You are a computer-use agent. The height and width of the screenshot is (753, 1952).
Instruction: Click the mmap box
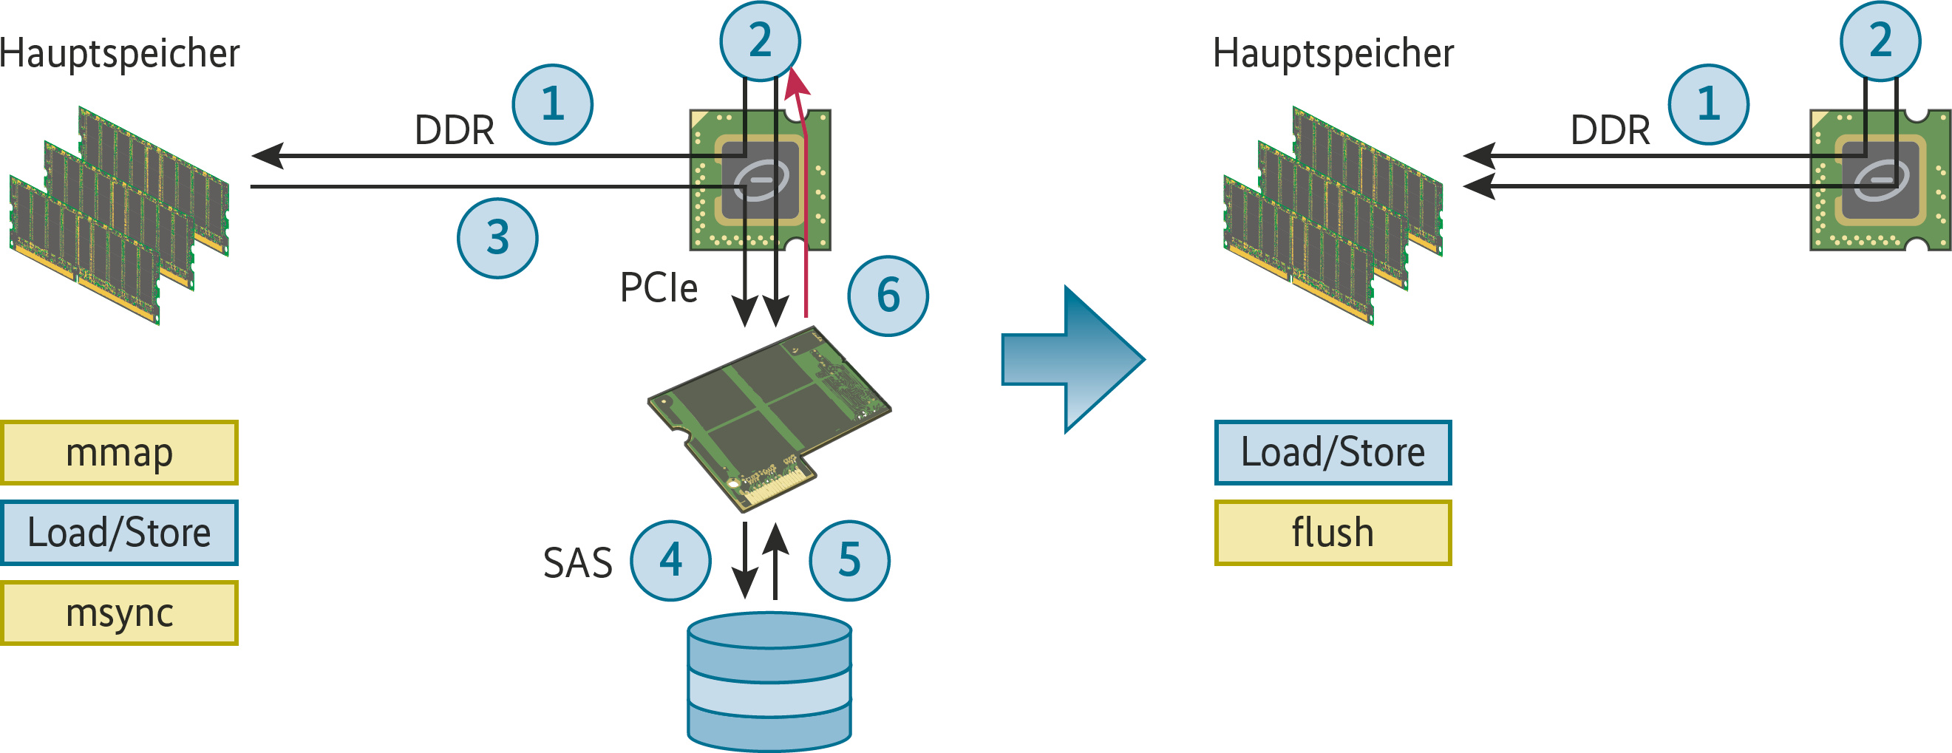(119, 452)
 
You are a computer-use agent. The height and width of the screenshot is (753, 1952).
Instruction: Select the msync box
(119, 613)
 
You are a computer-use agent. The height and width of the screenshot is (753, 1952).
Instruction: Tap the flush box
(1333, 533)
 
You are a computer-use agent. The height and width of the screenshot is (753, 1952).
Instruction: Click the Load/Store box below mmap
(119, 533)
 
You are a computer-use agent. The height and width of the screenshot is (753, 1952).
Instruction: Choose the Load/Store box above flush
(1333, 452)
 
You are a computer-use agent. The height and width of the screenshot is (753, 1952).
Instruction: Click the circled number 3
(497, 238)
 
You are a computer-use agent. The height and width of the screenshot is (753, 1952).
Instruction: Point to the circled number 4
(670, 561)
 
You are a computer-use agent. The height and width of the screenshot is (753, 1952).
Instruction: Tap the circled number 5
(849, 561)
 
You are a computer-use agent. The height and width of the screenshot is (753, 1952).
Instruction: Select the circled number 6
(888, 296)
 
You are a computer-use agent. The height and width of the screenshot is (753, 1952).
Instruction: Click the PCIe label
(659, 288)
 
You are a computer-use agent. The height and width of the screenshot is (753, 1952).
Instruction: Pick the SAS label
(577, 563)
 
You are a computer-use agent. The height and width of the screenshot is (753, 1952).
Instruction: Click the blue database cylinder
(769, 682)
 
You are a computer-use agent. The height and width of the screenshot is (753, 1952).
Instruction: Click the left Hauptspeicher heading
(120, 54)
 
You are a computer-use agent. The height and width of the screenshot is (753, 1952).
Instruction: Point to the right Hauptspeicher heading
(1333, 54)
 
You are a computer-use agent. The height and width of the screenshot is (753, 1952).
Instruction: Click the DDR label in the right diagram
(1611, 130)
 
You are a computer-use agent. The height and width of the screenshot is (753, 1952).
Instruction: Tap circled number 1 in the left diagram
(552, 104)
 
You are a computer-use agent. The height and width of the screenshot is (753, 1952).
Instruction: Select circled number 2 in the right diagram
(1880, 41)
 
